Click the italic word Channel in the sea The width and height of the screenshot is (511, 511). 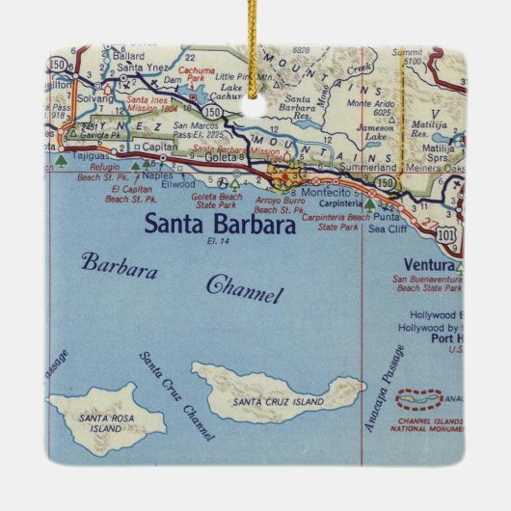tap(245, 287)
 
